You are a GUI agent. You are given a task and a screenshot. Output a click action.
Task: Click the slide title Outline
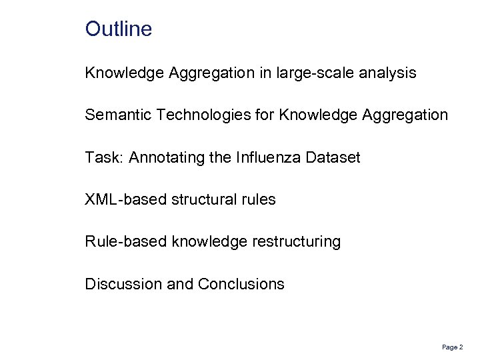pyautogui.click(x=119, y=29)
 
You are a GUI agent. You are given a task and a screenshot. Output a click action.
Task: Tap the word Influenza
pyautogui.click(x=264, y=157)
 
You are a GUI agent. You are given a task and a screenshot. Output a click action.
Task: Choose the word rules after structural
pyautogui.click(x=257, y=199)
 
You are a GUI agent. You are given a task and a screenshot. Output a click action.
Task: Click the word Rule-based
pyautogui.click(x=125, y=241)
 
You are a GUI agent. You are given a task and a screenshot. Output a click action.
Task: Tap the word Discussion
pyautogui.click(x=123, y=284)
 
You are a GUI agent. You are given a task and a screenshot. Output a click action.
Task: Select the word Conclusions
pyautogui.click(x=241, y=284)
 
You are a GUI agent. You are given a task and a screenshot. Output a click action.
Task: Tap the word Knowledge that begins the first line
pyautogui.click(x=124, y=73)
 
